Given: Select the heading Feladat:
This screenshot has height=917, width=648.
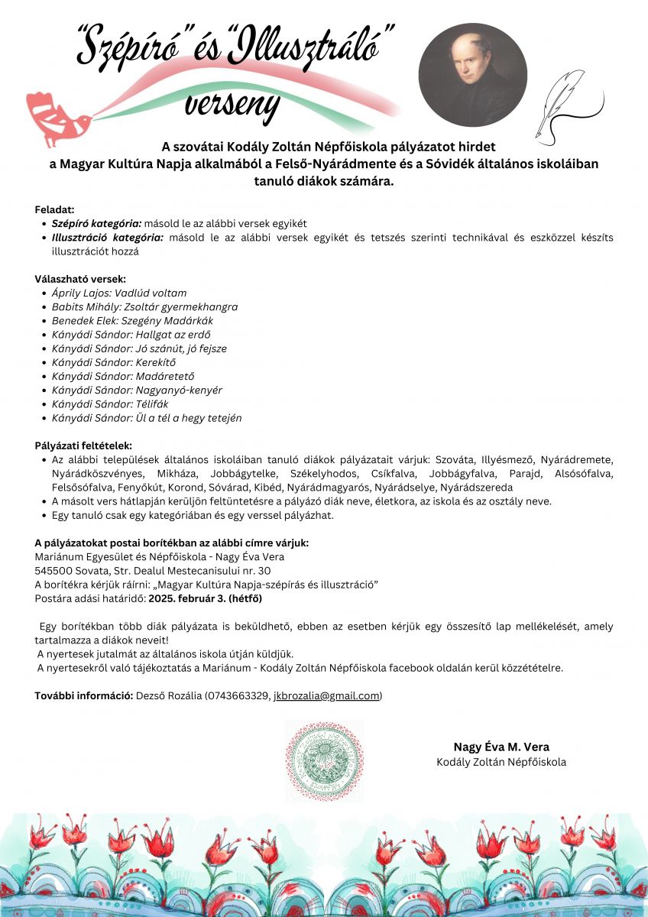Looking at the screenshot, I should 54,209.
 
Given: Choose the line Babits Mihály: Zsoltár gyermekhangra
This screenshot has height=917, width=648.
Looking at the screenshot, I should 144,306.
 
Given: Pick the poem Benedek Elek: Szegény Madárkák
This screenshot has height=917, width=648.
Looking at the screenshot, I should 132,320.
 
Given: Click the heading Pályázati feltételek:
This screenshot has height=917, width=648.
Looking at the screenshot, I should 83,446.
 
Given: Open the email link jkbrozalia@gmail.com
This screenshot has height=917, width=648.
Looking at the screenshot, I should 326,695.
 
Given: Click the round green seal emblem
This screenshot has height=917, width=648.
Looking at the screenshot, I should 323,760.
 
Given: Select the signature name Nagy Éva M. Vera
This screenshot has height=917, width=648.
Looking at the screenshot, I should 501,747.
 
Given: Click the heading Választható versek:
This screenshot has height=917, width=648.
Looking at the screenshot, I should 80,279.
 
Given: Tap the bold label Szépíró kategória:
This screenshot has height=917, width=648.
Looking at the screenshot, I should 96,223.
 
